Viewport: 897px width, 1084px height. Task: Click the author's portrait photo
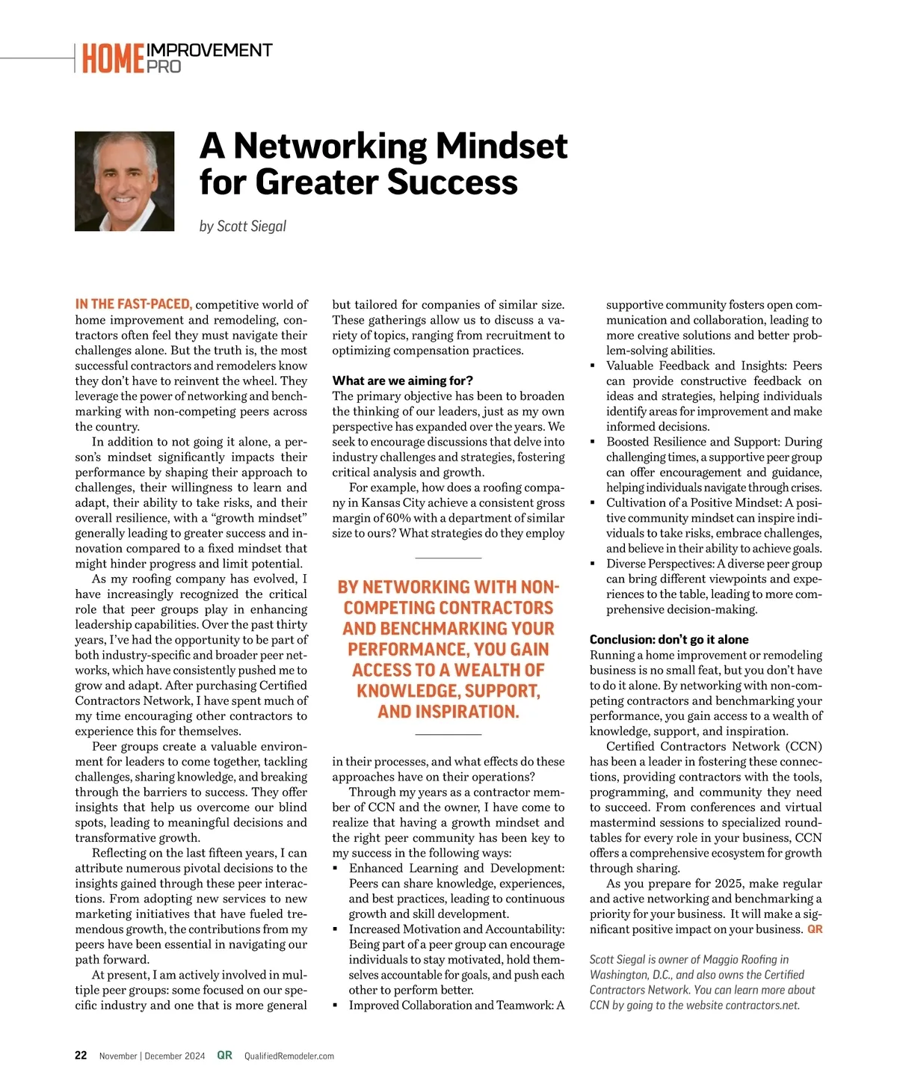(x=124, y=181)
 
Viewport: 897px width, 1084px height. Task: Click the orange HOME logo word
(x=113, y=59)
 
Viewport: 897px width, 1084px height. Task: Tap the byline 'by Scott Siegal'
(x=243, y=226)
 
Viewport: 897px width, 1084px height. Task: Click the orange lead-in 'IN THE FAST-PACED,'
(x=134, y=304)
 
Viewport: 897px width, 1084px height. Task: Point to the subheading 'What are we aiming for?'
(x=402, y=381)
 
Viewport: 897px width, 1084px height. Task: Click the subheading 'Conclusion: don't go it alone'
(x=668, y=639)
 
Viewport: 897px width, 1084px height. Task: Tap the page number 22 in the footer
(x=81, y=1056)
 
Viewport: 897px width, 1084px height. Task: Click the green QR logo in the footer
(x=224, y=1056)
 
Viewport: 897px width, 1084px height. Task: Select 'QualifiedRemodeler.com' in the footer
(x=289, y=1056)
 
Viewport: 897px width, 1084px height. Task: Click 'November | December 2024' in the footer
(x=152, y=1056)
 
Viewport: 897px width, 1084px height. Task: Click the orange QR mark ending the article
(x=815, y=929)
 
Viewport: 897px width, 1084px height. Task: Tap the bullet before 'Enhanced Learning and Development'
(x=336, y=869)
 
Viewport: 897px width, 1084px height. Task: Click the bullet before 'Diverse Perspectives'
(x=593, y=564)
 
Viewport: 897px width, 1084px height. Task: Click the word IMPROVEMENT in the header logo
(x=209, y=50)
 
